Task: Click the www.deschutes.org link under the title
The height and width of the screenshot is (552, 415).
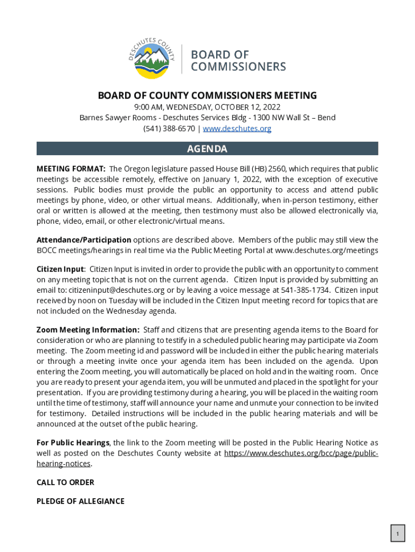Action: coord(237,128)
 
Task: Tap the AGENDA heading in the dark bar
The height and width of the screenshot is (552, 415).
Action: coord(207,149)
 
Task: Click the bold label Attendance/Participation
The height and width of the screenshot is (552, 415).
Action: coord(84,240)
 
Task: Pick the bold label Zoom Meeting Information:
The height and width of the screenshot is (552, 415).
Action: coord(88,330)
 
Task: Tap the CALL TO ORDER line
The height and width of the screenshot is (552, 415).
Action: coord(65,482)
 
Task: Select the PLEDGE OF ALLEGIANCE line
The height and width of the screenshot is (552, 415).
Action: coord(80,501)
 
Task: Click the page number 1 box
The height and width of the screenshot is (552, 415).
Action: coord(398,534)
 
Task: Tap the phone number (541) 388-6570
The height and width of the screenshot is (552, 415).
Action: coord(169,128)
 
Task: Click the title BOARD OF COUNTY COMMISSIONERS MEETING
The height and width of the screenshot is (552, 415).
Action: coord(207,96)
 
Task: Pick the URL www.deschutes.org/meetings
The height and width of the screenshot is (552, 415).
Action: coord(327,251)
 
